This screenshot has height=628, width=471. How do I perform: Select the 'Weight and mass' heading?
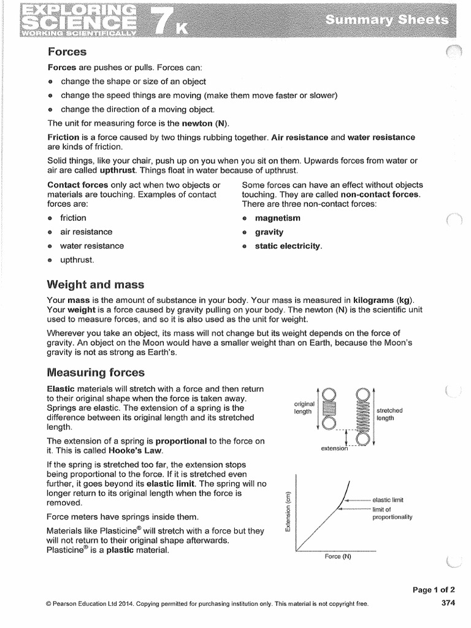[96, 284]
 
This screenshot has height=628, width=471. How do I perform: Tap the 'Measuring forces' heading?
[96, 372]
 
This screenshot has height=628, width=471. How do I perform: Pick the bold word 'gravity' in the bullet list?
[269, 232]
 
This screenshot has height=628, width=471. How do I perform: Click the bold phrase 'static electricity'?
[288, 246]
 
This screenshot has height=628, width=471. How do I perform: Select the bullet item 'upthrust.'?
[77, 260]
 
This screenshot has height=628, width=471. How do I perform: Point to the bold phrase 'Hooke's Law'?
[134, 450]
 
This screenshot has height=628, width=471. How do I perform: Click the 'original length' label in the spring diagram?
[304, 408]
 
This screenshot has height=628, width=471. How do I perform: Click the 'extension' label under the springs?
[334, 449]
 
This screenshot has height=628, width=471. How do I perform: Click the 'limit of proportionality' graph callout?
[392, 513]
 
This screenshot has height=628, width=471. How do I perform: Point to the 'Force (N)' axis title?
[338, 557]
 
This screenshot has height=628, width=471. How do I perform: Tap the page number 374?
[448, 603]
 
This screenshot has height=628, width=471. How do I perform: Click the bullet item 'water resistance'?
[91, 246]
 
